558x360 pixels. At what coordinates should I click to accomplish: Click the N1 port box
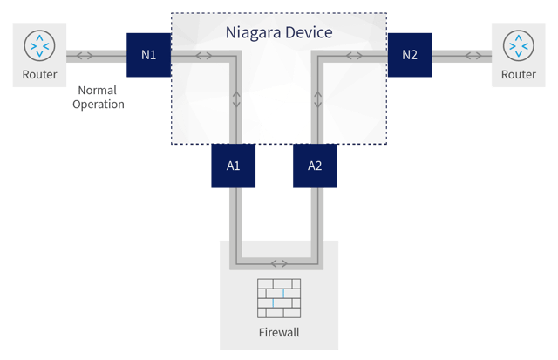pyautogui.click(x=148, y=56)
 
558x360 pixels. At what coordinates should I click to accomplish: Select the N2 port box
pyautogui.click(x=410, y=56)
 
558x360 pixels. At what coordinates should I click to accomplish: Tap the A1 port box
pyautogui.click(x=234, y=166)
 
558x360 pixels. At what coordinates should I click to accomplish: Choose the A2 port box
pyautogui.click(x=314, y=166)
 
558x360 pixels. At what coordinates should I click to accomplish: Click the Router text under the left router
pyautogui.click(x=40, y=75)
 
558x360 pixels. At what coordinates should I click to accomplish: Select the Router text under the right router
pyautogui.click(x=518, y=75)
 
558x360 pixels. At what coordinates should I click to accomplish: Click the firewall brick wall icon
pyautogui.click(x=279, y=297)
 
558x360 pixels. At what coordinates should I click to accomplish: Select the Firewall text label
pyautogui.click(x=279, y=332)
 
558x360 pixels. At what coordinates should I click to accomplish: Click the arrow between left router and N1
pyautogui.click(x=86, y=56)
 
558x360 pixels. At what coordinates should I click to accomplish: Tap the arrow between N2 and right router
pyautogui.click(x=473, y=56)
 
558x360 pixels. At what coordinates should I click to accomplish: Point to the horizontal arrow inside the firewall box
pyautogui.click(x=279, y=262)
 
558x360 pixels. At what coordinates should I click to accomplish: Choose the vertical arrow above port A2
pyautogui.click(x=318, y=98)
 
